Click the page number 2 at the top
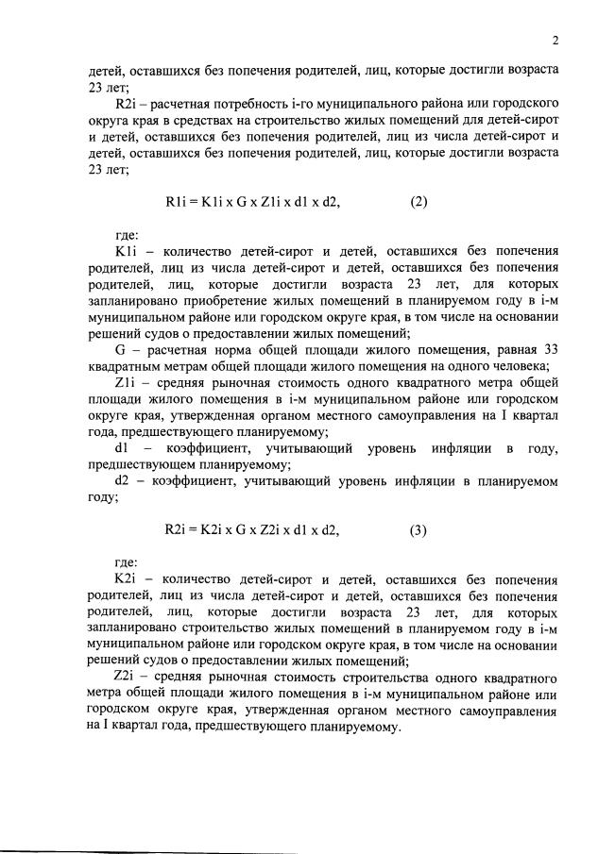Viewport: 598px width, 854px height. [x=556, y=40]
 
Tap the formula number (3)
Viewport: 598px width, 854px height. [x=419, y=529]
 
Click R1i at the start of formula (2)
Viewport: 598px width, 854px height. [x=177, y=200]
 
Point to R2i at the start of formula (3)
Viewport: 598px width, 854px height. [x=177, y=529]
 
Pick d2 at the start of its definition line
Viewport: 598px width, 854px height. [x=122, y=480]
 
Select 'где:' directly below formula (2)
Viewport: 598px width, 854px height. [x=125, y=235]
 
